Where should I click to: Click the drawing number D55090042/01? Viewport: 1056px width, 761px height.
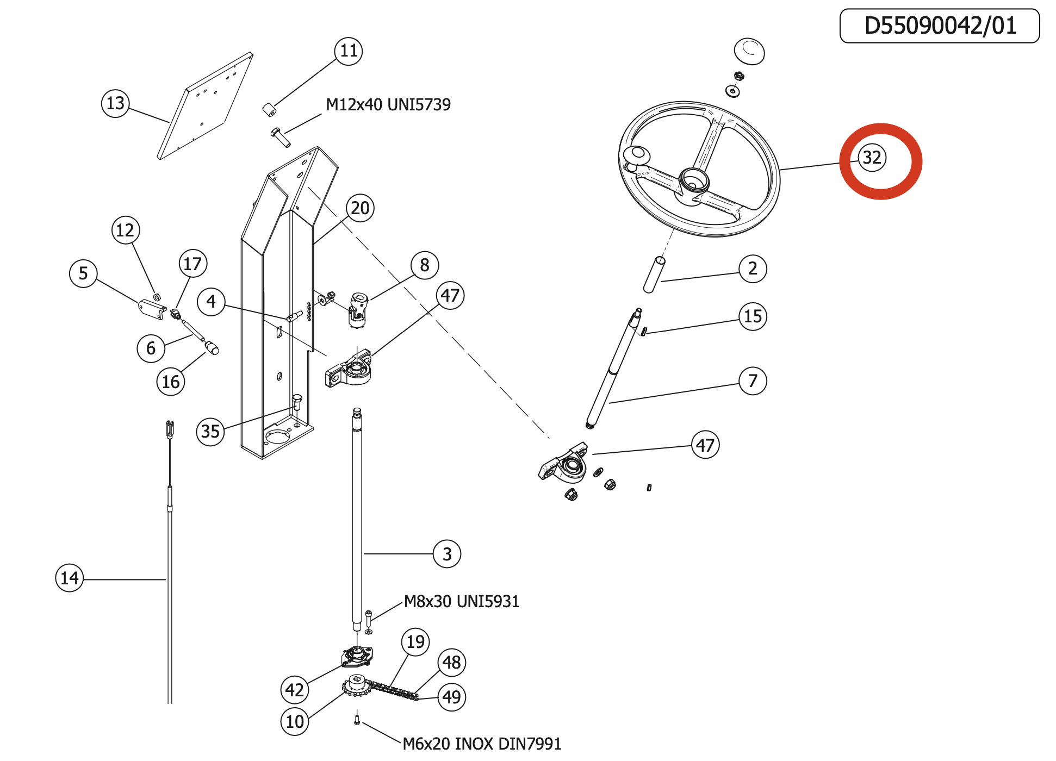940,26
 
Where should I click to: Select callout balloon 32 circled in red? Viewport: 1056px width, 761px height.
872,158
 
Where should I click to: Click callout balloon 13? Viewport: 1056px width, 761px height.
115,103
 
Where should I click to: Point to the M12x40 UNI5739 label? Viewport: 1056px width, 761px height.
388,104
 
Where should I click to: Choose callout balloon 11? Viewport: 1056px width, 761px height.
349,51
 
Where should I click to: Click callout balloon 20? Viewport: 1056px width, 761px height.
360,208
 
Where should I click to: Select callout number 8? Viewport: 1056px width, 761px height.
425,265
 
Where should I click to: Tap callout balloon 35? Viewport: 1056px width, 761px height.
210,432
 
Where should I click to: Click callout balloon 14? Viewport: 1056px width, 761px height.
70,578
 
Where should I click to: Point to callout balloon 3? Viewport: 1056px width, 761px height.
447,554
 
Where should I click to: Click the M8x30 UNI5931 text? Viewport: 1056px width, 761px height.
462,602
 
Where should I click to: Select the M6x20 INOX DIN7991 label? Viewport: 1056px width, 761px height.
482,744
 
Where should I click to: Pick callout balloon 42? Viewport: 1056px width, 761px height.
295,690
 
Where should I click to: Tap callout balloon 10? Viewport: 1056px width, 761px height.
295,721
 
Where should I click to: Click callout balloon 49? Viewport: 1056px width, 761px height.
452,697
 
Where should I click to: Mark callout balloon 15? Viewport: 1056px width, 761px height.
753,316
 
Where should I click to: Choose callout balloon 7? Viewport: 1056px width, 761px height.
753,381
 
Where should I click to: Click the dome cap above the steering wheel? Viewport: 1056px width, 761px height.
749,51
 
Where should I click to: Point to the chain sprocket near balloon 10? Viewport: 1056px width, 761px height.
357,685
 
